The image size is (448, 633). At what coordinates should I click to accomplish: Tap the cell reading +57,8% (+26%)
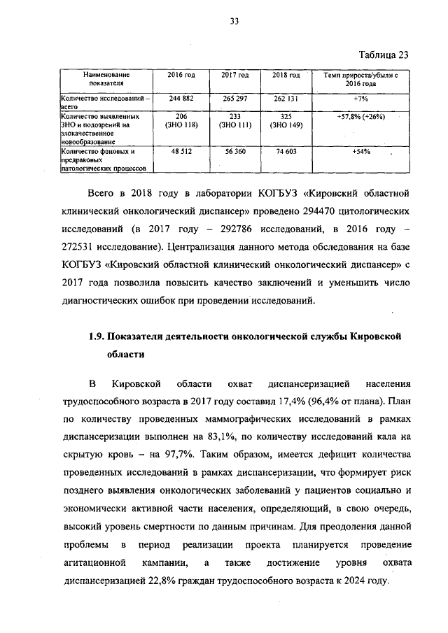[x=360, y=116]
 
